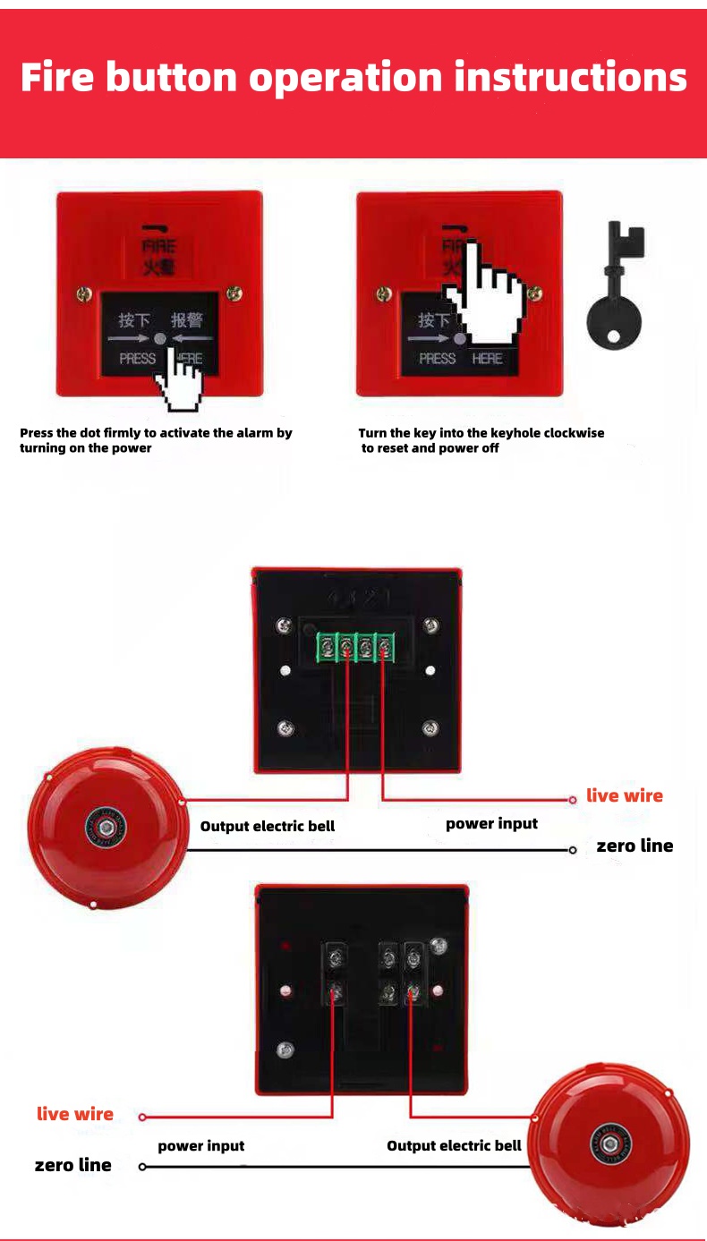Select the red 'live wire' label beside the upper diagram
coord(625,795)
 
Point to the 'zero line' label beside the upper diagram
coord(635,846)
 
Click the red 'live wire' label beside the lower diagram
coord(75,1114)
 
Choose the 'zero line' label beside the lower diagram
coord(73,1165)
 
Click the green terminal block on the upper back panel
coord(356,647)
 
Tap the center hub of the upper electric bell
coord(106,828)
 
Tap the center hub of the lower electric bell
coord(610,1143)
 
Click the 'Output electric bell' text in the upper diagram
coord(268,826)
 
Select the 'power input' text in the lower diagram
coord(200,1146)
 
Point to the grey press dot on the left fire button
coord(159,338)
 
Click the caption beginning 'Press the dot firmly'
coord(156,440)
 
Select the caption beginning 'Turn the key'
coord(481,440)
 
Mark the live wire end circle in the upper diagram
coord(573,800)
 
